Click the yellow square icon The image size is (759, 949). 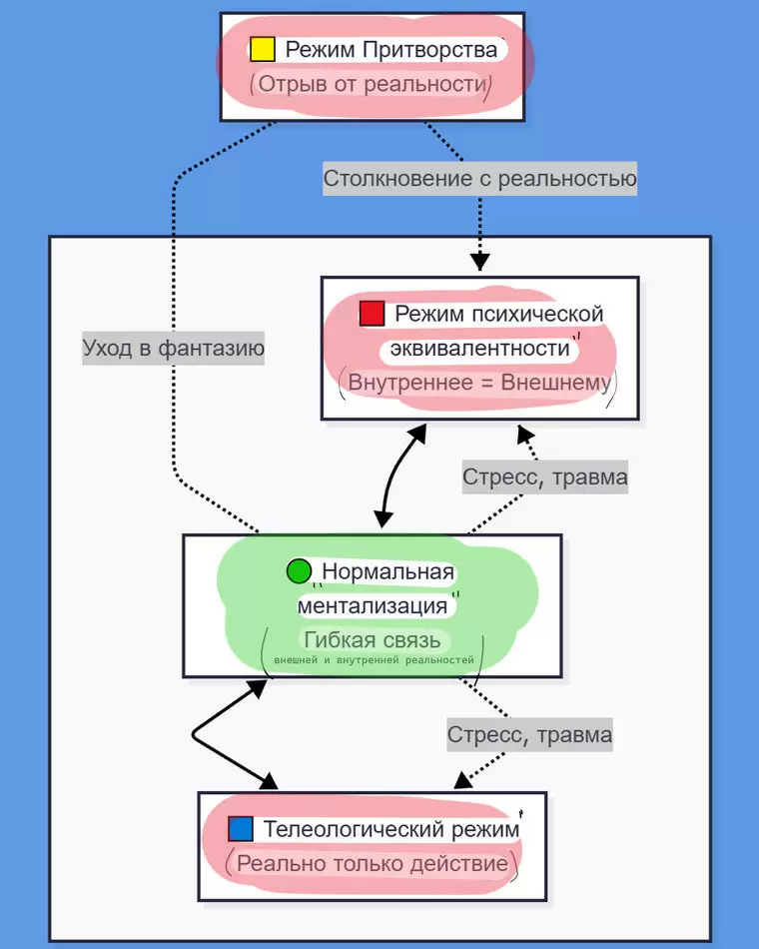point(262,49)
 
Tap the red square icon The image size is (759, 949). point(372,314)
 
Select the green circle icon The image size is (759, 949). point(299,571)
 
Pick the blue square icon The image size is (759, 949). point(241,829)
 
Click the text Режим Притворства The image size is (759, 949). point(390,49)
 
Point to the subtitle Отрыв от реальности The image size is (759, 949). point(371,84)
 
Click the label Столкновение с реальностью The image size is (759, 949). point(479,179)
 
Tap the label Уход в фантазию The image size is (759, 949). point(173,348)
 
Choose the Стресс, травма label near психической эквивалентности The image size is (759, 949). point(544,477)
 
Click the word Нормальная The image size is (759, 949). point(387,572)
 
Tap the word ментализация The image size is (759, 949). point(373,605)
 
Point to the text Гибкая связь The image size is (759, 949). point(373,640)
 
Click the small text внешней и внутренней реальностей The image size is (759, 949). point(373,660)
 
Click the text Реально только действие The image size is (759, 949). point(373,863)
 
